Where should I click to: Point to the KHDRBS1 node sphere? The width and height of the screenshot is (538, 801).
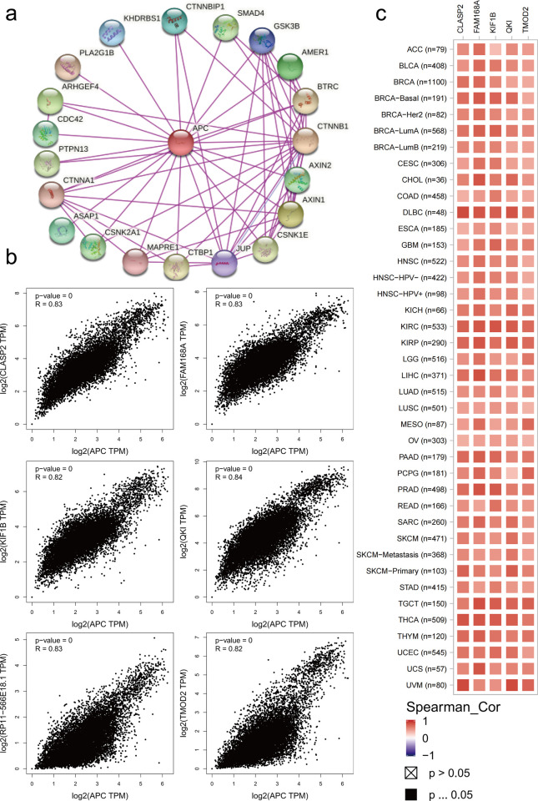click(x=113, y=32)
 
